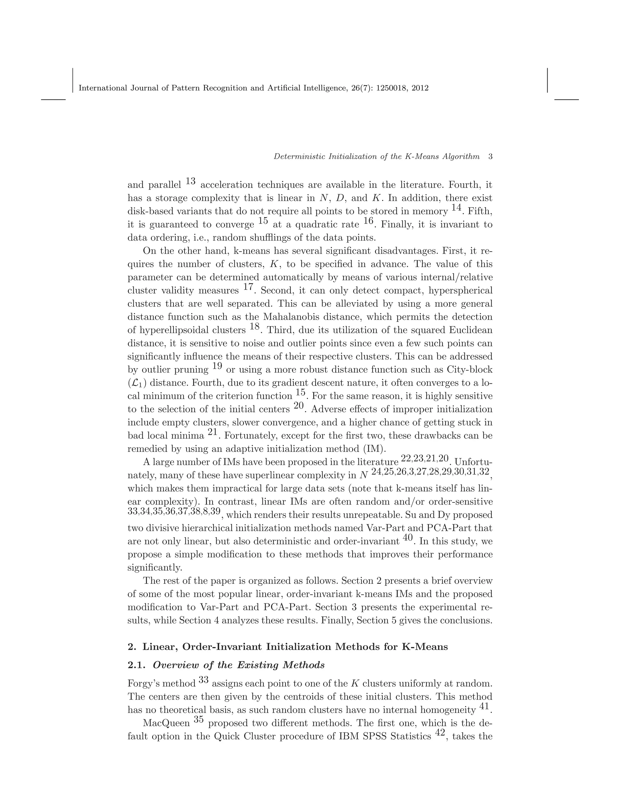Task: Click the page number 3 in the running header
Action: click(x=490, y=157)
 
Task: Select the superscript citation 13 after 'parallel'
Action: click(x=190, y=181)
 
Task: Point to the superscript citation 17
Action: click(x=249, y=287)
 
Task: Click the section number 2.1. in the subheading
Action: click(x=137, y=665)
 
